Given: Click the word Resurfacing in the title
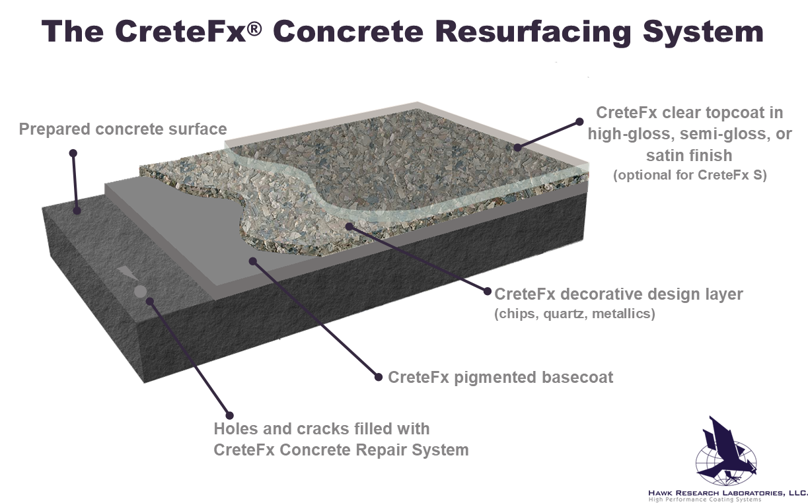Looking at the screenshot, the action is [534, 32].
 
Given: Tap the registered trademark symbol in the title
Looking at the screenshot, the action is [254, 29].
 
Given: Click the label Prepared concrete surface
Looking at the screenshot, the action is [123, 129].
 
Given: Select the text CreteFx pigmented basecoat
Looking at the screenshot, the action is [500, 378].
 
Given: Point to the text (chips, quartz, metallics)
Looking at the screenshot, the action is [575, 314].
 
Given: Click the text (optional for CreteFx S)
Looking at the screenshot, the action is [690, 175].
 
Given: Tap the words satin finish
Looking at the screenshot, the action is [689, 156].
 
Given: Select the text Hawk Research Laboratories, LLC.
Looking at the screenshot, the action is [727, 492].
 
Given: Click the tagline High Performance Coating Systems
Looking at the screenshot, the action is [704, 500].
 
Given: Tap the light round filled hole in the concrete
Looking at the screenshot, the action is [140, 291].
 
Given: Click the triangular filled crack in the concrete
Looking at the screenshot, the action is [126, 273].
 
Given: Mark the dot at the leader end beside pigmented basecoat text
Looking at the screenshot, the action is [378, 377].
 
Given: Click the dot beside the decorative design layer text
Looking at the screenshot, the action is [488, 291].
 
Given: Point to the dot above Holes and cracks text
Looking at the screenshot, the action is [229, 415].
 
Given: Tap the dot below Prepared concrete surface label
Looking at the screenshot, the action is [73, 153].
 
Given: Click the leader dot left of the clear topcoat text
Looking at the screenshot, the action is [579, 121].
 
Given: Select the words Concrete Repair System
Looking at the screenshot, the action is [374, 450].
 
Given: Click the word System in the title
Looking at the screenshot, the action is [703, 32].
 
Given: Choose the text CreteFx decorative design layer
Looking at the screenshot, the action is [618, 294].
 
